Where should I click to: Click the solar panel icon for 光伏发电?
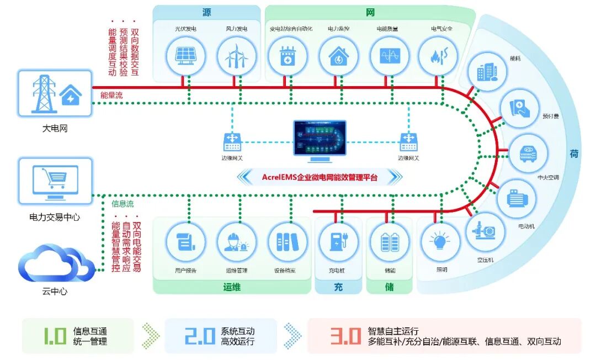coord(185,55)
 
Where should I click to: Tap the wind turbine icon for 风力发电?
coord(235,55)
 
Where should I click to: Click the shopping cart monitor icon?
coord(55,181)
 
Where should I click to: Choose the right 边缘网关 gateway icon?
coord(408,142)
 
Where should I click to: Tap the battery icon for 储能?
coord(389,242)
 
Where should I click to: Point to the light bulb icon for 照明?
coord(440,242)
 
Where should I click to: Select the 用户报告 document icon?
coord(185,242)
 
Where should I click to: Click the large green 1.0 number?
coord(55,336)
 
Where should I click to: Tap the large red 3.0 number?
coord(345,336)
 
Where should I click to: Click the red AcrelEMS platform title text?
coord(320,177)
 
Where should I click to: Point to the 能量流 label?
coord(111,96)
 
